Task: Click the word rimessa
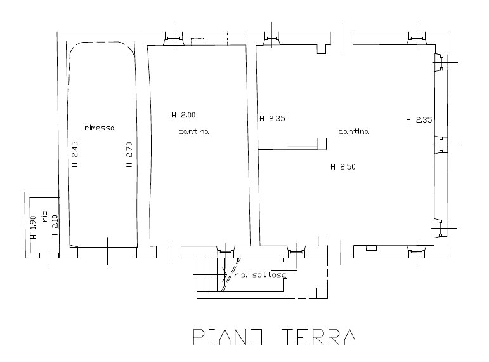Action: tap(100, 128)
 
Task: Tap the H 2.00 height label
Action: tap(183, 115)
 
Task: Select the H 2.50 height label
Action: tap(343, 167)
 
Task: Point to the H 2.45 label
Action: tap(75, 154)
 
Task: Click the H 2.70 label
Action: tap(129, 154)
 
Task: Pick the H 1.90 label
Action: tap(34, 227)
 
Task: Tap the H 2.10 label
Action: tap(55, 227)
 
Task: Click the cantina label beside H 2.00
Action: tap(193, 131)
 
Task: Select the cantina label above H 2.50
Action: tap(354, 131)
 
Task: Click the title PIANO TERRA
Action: tap(275, 337)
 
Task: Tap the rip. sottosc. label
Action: tap(260, 275)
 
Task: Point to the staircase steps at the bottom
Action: tap(211, 274)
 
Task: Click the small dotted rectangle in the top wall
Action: tap(197, 41)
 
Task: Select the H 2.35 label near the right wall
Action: tap(419, 119)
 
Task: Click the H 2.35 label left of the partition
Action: tap(272, 118)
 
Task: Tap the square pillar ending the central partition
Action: tap(322, 144)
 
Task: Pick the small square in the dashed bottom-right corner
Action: tap(322, 293)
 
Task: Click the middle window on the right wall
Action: tap(441, 145)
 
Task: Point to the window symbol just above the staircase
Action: tap(225, 251)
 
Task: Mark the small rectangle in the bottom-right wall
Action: tap(371, 248)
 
